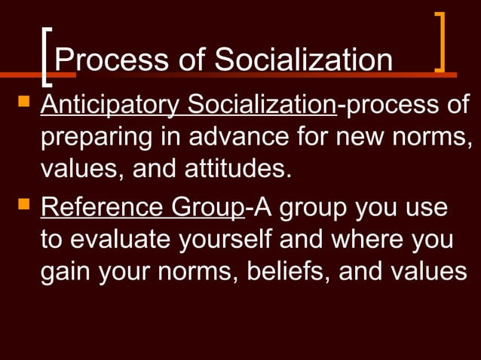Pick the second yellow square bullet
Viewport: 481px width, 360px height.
[23, 203]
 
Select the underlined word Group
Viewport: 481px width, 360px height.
[207, 208]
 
